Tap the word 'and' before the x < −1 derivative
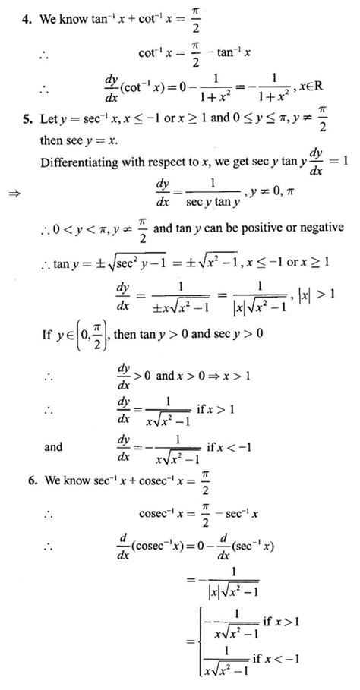pyautogui.click(x=53, y=448)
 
